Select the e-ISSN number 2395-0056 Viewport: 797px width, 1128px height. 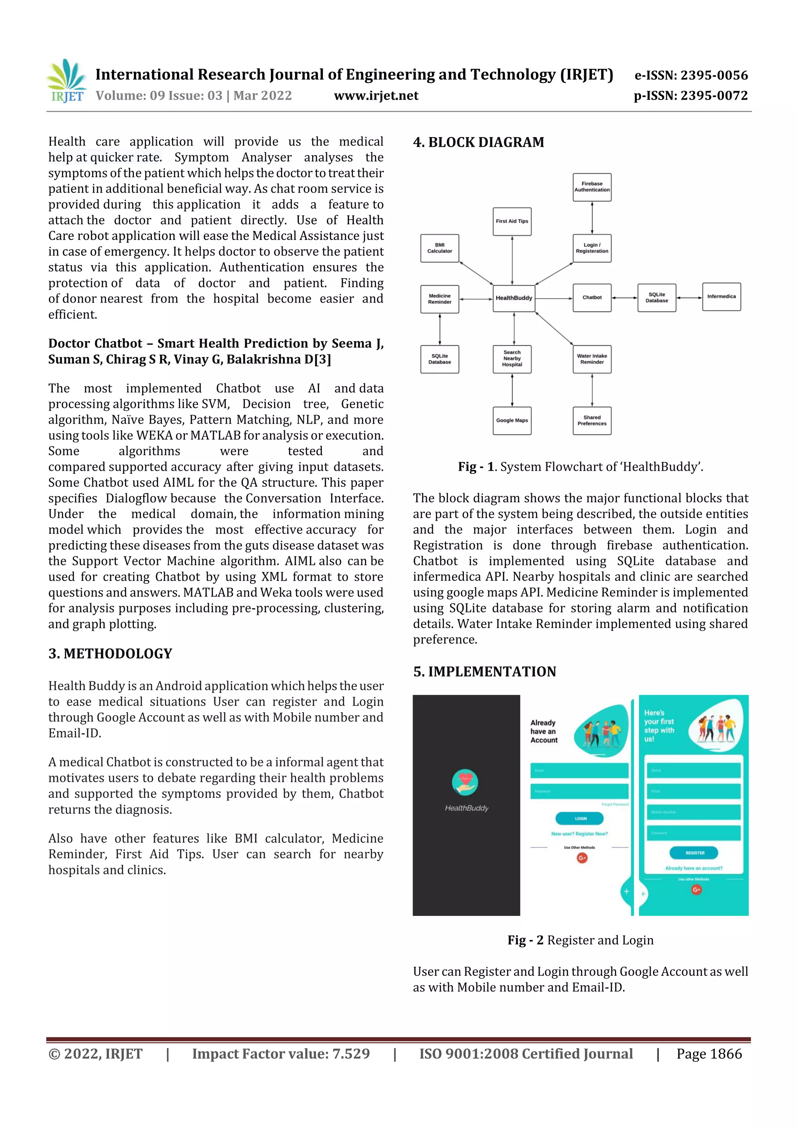(x=691, y=75)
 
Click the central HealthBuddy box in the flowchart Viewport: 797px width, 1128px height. (x=514, y=298)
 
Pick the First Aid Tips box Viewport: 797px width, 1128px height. (x=512, y=221)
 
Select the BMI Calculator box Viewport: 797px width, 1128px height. (x=439, y=248)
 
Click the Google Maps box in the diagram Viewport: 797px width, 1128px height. (x=512, y=421)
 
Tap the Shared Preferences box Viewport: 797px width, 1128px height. (x=592, y=421)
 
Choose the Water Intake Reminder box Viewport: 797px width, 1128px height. (x=592, y=359)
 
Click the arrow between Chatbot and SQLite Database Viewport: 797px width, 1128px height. (x=624, y=298)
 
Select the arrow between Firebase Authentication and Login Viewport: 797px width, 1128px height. (x=592, y=218)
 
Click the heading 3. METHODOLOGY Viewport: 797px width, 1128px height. (x=111, y=653)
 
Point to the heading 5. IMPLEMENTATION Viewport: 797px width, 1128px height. (x=484, y=672)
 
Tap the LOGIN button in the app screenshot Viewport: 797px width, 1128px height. (x=580, y=818)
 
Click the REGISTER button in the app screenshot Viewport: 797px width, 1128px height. (x=694, y=853)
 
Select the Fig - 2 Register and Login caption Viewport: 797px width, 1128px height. (x=581, y=940)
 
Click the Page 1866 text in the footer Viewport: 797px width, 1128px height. (x=709, y=1054)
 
